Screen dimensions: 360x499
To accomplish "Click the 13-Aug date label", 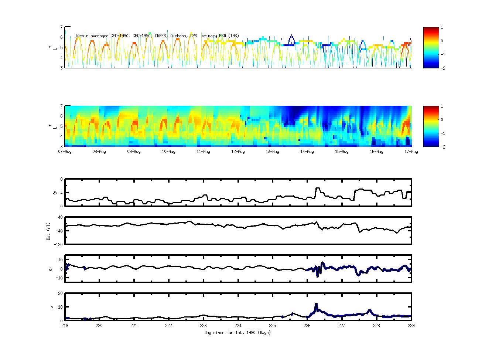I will point(273,152).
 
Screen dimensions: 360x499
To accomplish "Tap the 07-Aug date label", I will point(65,152).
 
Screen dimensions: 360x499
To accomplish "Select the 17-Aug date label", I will point(411,152).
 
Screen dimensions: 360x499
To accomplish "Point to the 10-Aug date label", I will point(169,152).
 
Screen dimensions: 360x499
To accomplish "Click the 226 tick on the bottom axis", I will point(307,326).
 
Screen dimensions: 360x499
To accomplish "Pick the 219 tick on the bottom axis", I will point(65,326).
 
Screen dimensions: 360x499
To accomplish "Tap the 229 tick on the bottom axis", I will point(411,326).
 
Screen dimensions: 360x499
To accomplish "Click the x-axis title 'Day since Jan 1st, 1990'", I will point(237,333).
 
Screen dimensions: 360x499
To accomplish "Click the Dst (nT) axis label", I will point(48,231).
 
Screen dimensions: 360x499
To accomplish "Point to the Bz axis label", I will point(51,269).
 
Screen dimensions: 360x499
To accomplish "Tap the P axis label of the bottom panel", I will point(52,307).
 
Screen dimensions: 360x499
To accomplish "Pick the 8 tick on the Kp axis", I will point(61,179).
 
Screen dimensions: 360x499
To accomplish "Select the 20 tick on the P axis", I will point(60,293).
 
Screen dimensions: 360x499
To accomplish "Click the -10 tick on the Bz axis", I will point(59,276).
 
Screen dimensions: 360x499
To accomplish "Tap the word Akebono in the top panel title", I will point(179,36).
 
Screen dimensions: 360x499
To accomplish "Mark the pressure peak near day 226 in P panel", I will point(316,305).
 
